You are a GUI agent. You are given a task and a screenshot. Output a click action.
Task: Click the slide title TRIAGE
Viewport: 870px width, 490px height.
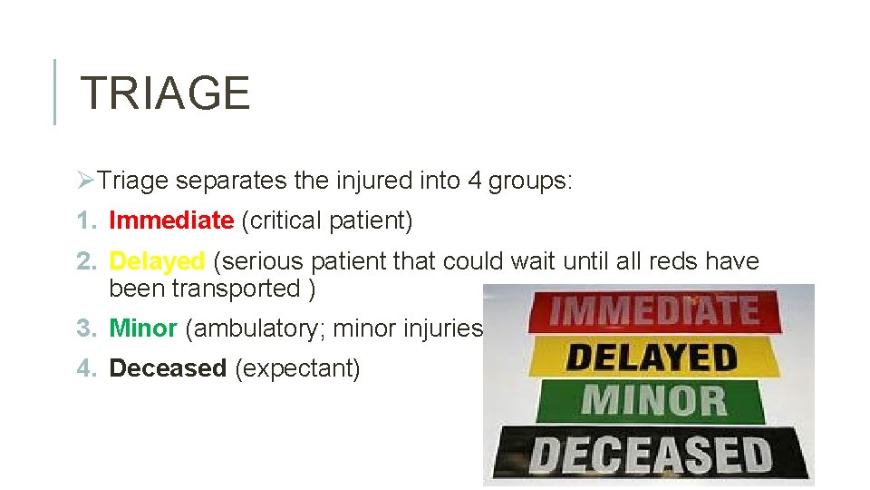coord(165,93)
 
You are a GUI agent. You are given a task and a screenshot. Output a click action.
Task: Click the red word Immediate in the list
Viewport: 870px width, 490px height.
coord(171,220)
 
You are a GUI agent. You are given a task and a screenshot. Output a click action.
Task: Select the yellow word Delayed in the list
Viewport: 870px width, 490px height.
coord(157,261)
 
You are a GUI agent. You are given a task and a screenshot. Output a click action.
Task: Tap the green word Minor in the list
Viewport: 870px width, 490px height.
coord(143,328)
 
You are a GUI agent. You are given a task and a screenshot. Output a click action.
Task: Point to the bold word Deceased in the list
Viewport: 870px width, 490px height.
coord(168,368)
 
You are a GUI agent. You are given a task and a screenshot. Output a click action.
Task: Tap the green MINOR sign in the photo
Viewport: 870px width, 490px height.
coord(652,401)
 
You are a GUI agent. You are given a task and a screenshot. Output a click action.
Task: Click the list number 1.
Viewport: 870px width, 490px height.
coord(85,220)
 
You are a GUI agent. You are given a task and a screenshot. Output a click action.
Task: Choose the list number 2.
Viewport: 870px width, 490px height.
coord(85,261)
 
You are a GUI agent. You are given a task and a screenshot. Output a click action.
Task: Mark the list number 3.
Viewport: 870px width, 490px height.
coord(85,328)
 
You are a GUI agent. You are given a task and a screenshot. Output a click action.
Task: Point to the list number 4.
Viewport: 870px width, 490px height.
coord(85,368)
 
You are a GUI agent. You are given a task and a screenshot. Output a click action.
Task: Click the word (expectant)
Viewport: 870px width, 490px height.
coord(297,368)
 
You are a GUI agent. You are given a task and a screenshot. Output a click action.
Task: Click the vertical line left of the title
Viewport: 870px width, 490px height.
coord(54,92)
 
